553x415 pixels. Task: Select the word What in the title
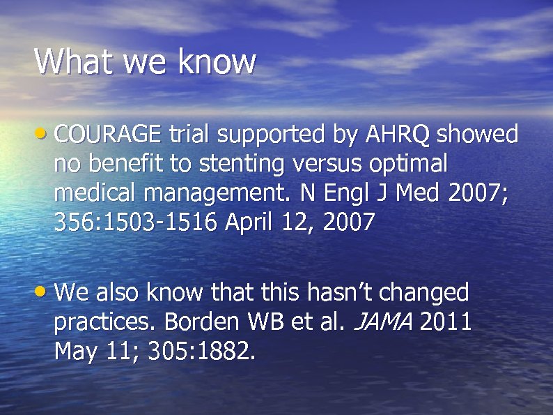pyautogui.click(x=75, y=61)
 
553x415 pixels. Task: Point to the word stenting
pyautogui.click(x=241, y=164)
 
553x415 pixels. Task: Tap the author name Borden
pyautogui.click(x=198, y=323)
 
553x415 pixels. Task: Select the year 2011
pyautogui.click(x=446, y=323)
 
